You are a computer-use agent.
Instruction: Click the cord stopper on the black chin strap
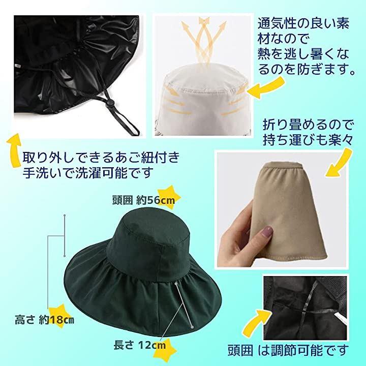tap(109, 105)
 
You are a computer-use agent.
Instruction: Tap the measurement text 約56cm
tap(156, 200)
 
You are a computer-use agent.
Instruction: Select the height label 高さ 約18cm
tap(44, 320)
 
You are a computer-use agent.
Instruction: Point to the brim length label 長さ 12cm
tap(140, 345)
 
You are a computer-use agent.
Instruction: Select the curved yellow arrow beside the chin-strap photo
tap(14, 150)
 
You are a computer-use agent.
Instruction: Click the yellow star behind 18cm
tap(58, 316)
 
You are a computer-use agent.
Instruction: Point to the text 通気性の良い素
tap(303, 23)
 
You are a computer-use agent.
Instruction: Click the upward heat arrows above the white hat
tap(203, 40)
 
